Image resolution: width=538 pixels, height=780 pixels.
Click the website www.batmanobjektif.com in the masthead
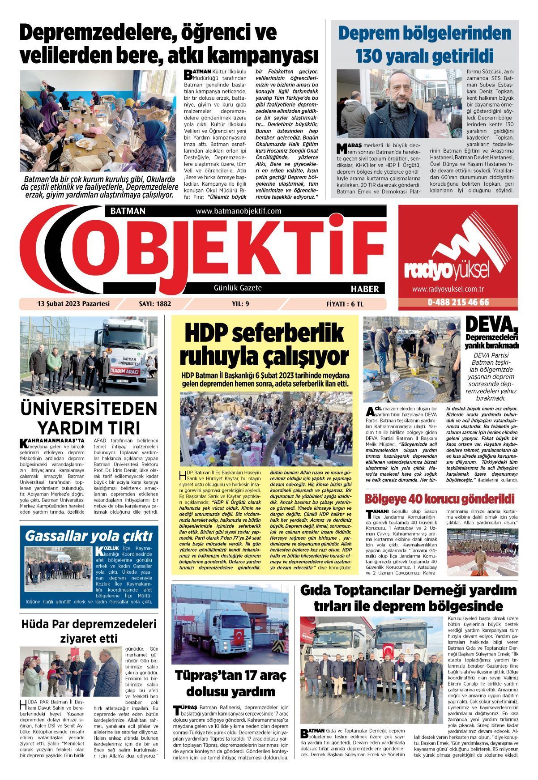(238, 211)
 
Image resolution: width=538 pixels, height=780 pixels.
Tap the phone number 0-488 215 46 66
(458, 302)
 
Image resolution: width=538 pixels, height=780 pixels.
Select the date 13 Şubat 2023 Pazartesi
(73, 304)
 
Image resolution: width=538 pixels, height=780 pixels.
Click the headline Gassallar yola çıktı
(89, 536)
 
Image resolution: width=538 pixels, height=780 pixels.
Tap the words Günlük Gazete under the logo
(238, 288)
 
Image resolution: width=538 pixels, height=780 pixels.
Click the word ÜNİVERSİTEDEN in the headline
(89, 409)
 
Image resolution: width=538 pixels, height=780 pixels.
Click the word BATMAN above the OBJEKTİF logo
(125, 211)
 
